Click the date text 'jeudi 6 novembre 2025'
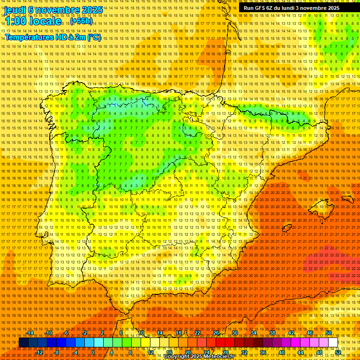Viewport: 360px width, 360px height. [53, 10]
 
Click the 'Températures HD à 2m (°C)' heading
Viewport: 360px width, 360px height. [53, 37]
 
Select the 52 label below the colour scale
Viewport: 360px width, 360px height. [338, 352]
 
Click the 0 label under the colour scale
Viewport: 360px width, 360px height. [93, 352]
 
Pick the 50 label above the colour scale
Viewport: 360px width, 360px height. [329, 333]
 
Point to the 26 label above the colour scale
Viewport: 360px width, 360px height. [216, 333]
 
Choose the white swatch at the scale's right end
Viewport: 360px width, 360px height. [333, 343]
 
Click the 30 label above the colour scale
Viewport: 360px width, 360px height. [235, 333]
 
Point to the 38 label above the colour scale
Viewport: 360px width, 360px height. [272, 333]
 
